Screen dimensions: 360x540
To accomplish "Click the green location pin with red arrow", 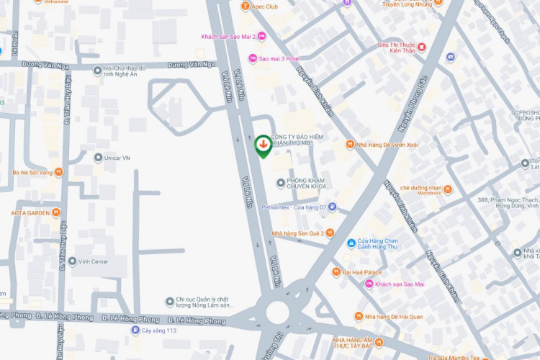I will point(264,145).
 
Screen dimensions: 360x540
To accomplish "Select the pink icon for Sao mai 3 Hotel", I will point(253,58).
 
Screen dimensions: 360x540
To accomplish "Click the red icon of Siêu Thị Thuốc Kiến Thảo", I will point(422,48).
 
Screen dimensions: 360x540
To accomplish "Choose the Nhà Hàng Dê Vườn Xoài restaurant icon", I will point(350,145).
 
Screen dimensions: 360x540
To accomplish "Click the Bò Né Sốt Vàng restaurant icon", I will point(58,172).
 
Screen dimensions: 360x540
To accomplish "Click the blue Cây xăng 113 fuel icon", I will point(135,330).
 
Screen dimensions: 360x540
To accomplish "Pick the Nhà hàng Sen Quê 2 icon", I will point(330,233).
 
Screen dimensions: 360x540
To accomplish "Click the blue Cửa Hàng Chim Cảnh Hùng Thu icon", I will point(351,243).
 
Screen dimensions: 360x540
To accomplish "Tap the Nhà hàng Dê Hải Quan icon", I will point(358,317).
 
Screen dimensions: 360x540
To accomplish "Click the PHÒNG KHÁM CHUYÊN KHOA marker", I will point(281,182).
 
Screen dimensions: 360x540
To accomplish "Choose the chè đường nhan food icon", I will point(447,189).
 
